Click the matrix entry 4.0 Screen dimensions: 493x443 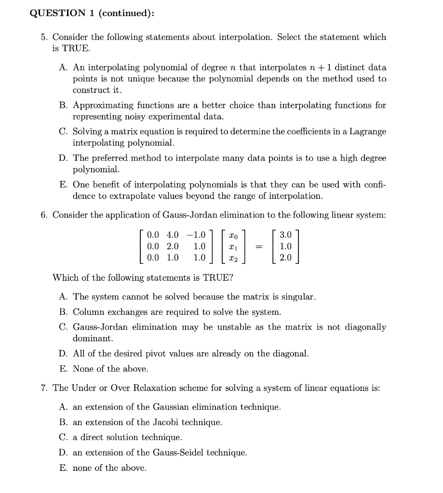click(x=172, y=235)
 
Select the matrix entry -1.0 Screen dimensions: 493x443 click(x=196, y=235)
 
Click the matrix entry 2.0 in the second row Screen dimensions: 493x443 click(x=172, y=246)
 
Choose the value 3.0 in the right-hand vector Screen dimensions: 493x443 click(x=285, y=235)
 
